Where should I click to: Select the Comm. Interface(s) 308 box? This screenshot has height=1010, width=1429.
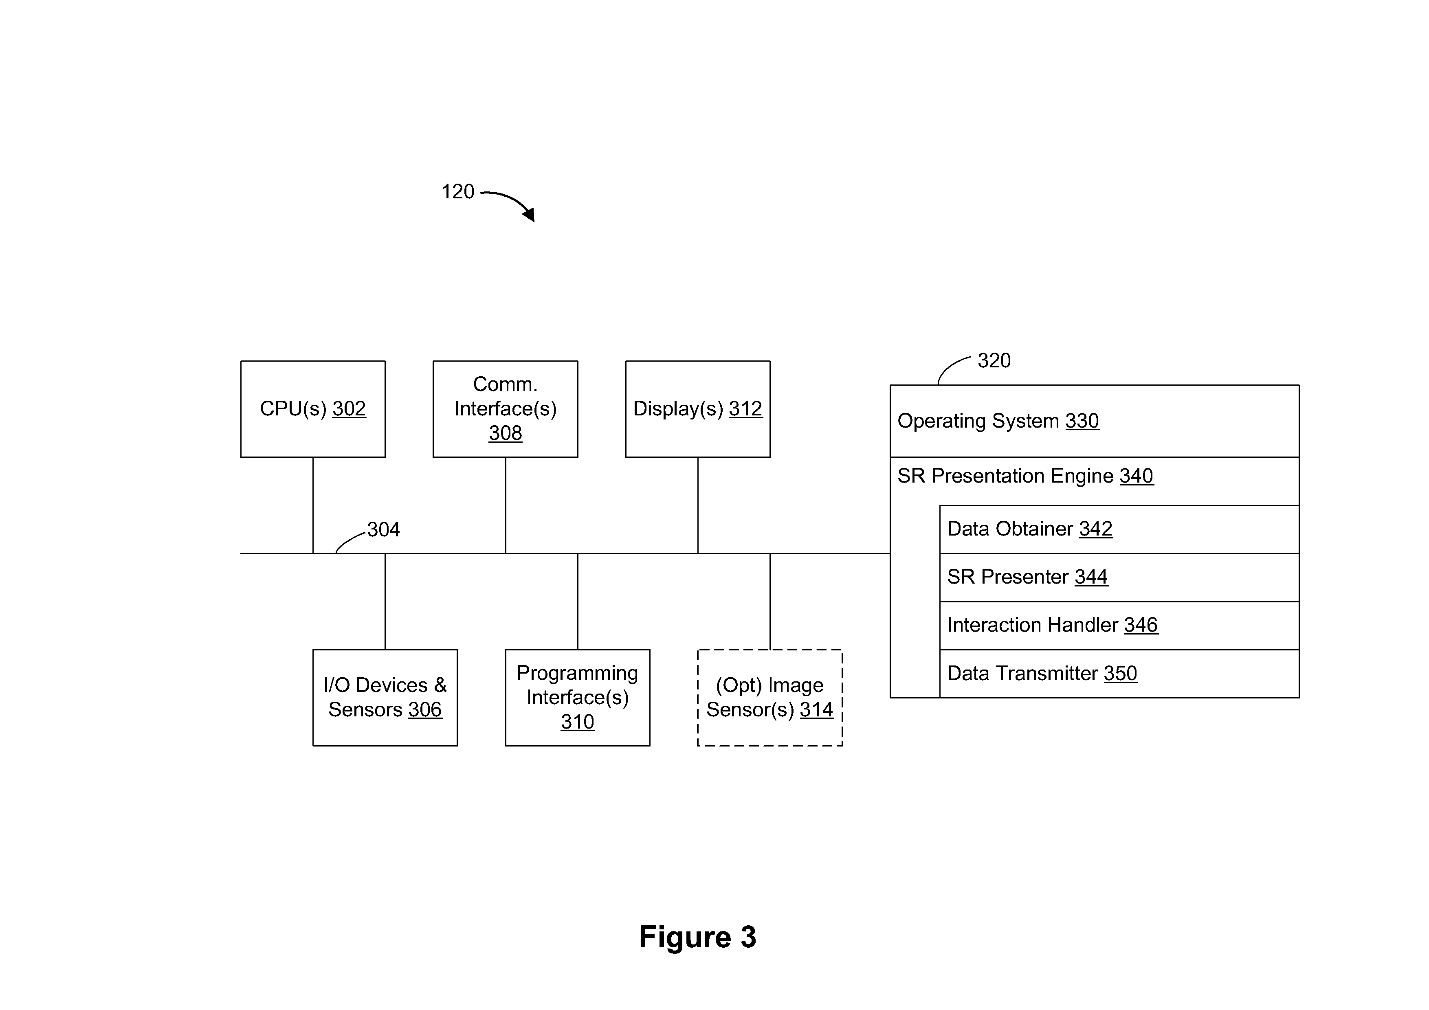(506, 409)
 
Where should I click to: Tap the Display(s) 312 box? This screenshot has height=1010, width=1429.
(698, 409)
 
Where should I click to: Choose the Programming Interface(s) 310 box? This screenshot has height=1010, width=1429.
(578, 698)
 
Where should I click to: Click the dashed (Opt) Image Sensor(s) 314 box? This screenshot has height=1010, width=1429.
(770, 698)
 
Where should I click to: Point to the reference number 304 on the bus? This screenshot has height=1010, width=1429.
(383, 529)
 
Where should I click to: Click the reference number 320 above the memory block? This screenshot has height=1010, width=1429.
(994, 360)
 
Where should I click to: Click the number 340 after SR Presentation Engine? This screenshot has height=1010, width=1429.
(1137, 476)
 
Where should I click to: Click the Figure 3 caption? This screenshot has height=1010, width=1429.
(698, 937)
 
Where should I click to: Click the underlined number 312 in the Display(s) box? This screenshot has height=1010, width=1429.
(745, 409)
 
